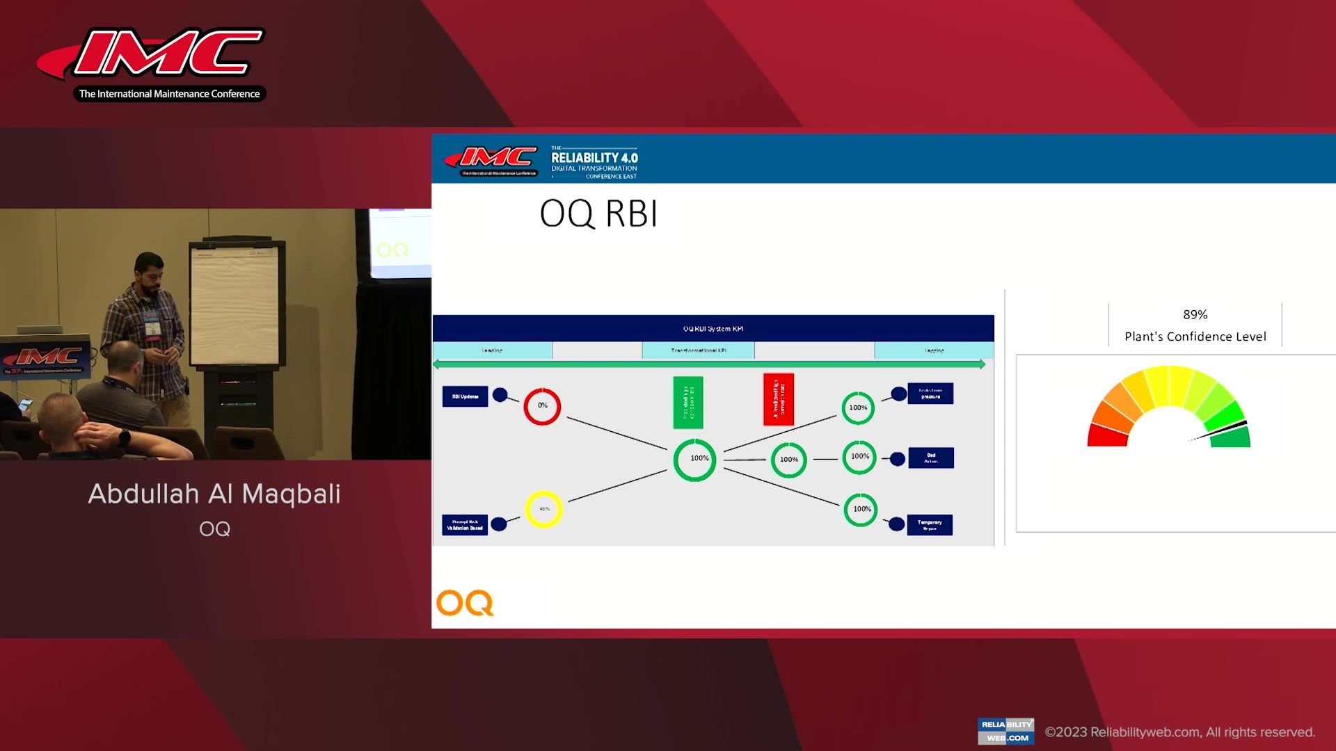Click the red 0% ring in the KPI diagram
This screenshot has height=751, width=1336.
(542, 406)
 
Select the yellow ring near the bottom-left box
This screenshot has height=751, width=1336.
(543, 509)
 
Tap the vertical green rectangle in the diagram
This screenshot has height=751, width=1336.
(687, 403)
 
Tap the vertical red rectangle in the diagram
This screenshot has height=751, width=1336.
(779, 400)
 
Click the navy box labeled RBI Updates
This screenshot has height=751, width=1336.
(465, 396)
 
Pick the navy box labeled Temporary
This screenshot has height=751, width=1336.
(930, 525)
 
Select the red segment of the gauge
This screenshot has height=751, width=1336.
(1106, 436)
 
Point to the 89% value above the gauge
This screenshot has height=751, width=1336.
(1195, 314)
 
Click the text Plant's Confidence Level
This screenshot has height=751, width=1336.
(1195, 337)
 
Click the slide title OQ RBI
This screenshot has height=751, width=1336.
(598, 213)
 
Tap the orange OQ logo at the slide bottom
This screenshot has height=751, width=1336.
(465, 603)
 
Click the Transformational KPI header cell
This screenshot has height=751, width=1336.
(698, 350)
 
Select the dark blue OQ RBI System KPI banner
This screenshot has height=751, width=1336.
(713, 328)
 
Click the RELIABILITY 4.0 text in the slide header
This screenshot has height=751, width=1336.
(594, 158)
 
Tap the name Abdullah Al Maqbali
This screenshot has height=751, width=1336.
(214, 494)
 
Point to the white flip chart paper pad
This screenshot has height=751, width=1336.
(234, 306)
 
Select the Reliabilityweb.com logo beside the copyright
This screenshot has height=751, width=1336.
(1005, 731)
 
